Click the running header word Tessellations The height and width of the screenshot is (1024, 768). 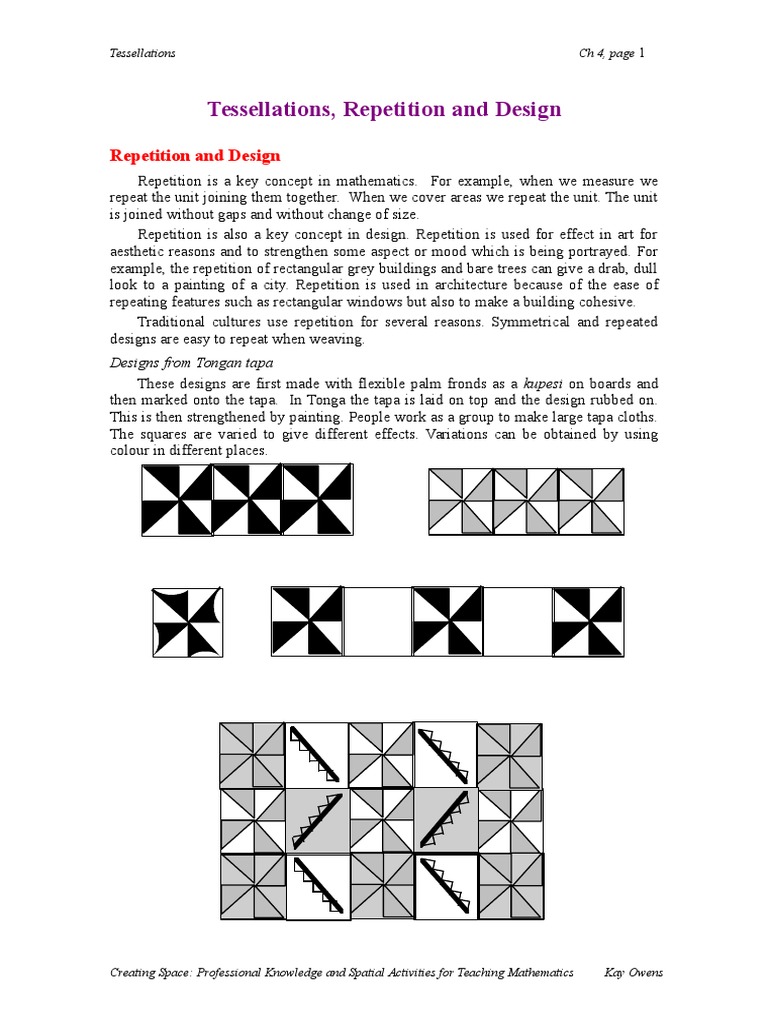[142, 53]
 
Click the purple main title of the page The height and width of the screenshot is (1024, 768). [384, 109]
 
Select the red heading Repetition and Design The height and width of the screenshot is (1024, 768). [195, 156]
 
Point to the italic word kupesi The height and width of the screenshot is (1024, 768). [544, 384]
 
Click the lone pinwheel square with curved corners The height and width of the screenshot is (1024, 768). [187, 622]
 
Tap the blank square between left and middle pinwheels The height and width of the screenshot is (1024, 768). [377, 622]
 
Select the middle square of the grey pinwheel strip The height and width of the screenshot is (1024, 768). [526, 501]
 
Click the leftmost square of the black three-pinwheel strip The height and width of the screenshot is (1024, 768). [178, 500]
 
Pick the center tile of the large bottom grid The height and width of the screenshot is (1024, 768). [381, 821]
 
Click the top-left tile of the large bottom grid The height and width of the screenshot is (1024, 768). [253, 755]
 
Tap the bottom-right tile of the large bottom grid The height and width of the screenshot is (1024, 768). [510, 886]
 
